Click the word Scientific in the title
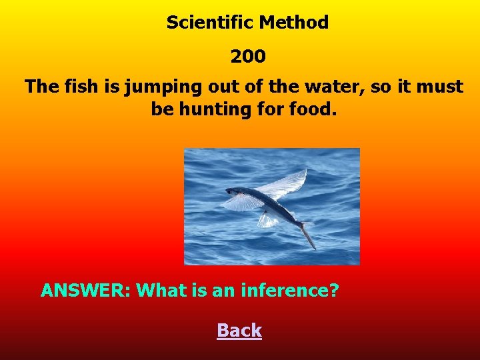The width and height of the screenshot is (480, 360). [x=210, y=23]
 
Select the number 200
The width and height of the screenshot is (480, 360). [x=248, y=57]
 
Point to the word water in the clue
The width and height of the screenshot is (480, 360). [x=316, y=87]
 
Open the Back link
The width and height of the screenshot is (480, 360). [x=239, y=331]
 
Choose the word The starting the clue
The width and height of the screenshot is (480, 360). [x=42, y=87]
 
